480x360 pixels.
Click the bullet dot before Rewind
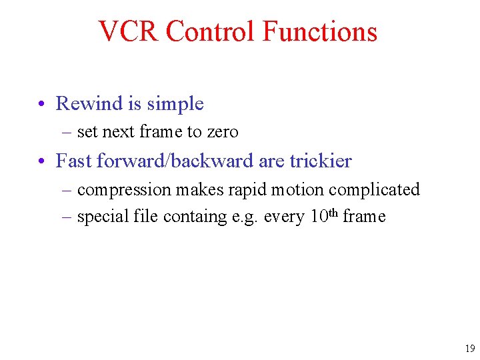[x=41, y=105]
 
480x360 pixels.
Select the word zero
[x=222, y=132]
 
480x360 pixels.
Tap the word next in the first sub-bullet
[x=118, y=132]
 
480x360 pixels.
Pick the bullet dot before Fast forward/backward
[x=41, y=162]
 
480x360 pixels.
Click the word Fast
[x=74, y=161]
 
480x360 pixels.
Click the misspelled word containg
[x=197, y=217]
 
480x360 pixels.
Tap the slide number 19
[x=469, y=349]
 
